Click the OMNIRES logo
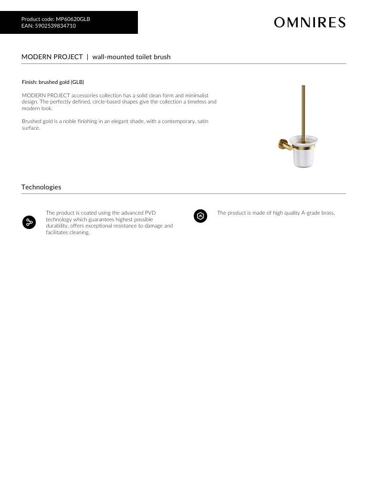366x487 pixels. click(x=310, y=22)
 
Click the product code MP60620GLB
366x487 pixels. click(x=73, y=19)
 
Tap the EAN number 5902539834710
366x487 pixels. click(x=55, y=26)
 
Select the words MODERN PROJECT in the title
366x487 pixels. click(x=52, y=57)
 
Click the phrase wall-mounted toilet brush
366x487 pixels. click(x=131, y=57)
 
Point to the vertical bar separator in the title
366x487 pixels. click(x=87, y=57)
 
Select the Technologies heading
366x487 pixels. click(x=41, y=187)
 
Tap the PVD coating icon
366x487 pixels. click(x=29, y=222)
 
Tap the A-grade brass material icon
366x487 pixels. click(x=200, y=216)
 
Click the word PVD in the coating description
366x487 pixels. click(x=150, y=213)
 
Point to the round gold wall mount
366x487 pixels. click(x=283, y=144)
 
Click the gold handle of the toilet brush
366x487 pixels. click(x=303, y=110)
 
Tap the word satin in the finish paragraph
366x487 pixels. click(x=203, y=121)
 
